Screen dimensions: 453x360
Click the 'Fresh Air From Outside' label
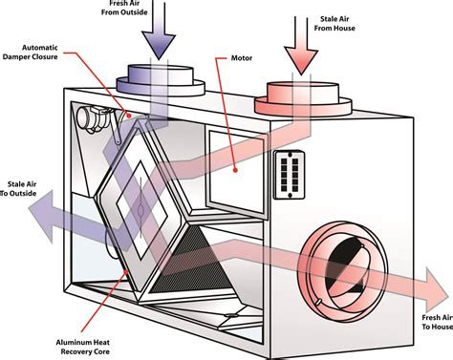(124, 8)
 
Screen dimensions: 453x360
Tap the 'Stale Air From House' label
(334, 24)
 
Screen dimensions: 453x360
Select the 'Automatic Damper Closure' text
(31, 53)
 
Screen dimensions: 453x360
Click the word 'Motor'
(242, 58)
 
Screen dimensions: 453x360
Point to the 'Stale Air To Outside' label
(18, 189)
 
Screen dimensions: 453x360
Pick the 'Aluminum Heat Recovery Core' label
(83, 347)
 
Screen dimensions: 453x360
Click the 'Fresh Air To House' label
(437, 322)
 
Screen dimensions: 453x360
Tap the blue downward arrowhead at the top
(159, 45)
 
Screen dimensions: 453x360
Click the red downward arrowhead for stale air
(301, 60)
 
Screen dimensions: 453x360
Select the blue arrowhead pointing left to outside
(41, 217)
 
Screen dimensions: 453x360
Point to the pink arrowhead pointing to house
(437, 290)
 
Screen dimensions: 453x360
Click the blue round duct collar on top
(161, 79)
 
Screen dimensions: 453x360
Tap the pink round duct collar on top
(303, 97)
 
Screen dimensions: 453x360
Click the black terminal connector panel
(290, 175)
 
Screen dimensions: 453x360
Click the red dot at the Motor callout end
(235, 170)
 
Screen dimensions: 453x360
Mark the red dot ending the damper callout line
(129, 116)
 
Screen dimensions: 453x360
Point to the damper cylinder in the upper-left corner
(85, 117)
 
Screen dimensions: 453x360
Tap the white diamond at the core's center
(141, 210)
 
